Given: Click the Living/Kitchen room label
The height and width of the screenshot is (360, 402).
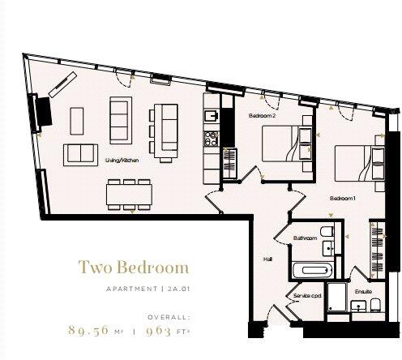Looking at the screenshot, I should [x=122, y=161].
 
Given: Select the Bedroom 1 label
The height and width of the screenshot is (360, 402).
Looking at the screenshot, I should [x=343, y=198].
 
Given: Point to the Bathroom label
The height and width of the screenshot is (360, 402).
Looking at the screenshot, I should [x=305, y=238].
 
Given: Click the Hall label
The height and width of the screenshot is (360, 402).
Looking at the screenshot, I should [x=267, y=259].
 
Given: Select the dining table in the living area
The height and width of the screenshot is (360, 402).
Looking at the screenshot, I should [x=126, y=193].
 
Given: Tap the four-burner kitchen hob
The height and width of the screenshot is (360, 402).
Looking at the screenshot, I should [x=211, y=139].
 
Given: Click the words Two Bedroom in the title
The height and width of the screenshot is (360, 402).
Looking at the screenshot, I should [x=133, y=267].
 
